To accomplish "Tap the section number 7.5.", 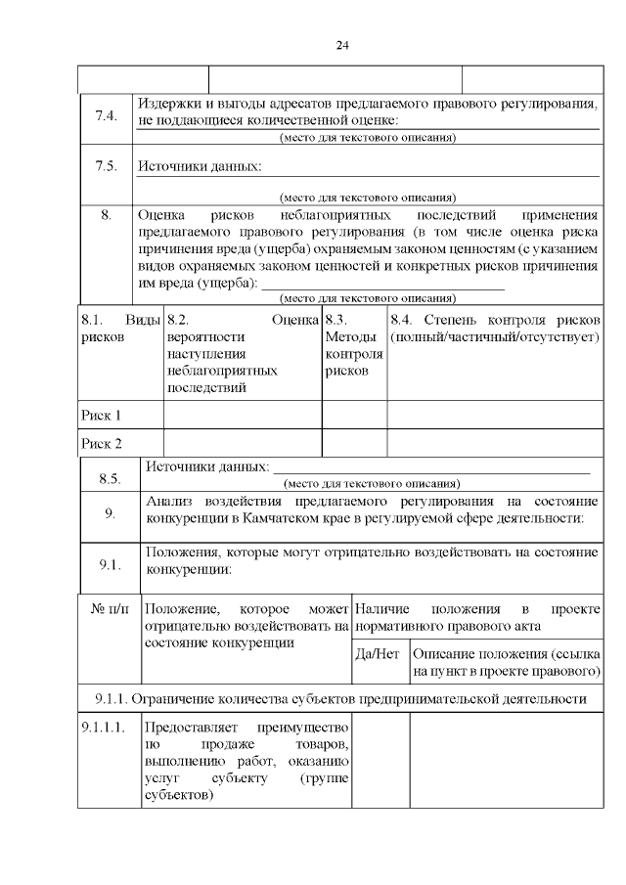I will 106,166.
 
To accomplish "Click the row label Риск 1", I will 101,415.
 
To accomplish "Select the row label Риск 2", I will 101,443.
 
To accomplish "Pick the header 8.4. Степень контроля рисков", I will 494,329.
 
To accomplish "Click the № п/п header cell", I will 109,609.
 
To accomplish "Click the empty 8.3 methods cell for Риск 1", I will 354,415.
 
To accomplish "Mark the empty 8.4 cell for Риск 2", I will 494,443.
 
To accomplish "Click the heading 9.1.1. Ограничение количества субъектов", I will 341,699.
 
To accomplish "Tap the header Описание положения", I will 505,663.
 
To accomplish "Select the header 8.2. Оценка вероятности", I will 242,354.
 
